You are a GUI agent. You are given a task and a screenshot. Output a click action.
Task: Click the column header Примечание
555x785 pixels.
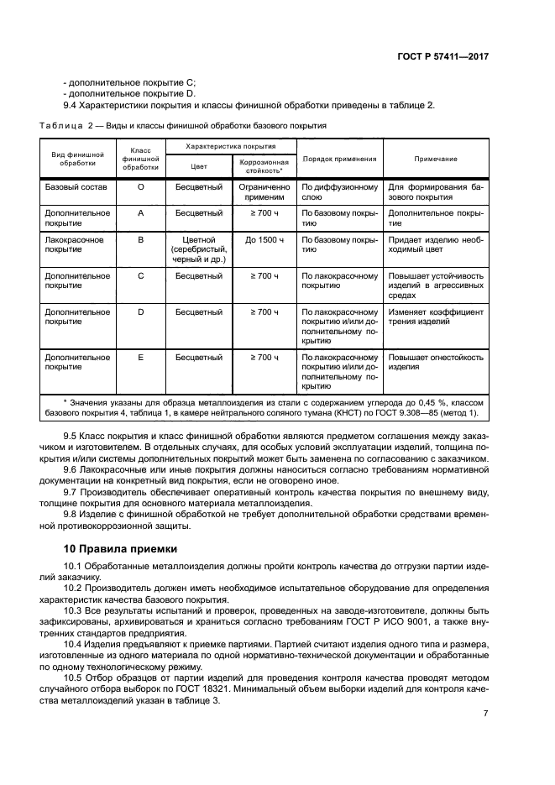[436, 159]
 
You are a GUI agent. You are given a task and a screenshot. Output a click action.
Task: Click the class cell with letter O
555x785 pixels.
[140, 187]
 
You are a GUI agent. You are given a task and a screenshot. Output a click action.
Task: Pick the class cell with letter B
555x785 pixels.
[140, 240]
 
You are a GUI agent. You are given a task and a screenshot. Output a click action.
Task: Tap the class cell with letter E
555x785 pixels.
[140, 358]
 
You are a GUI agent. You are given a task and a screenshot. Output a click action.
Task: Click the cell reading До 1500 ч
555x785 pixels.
[264, 240]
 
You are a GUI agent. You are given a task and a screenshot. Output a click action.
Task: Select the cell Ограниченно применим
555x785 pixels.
[264, 192]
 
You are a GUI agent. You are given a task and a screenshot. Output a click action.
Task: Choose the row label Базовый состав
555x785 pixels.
[74, 187]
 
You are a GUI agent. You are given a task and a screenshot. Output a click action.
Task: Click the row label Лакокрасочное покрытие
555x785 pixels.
[74, 245]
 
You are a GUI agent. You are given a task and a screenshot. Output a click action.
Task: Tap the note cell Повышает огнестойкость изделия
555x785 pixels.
[436, 363]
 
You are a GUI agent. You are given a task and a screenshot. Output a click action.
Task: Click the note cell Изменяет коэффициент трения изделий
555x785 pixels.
[436, 317]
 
